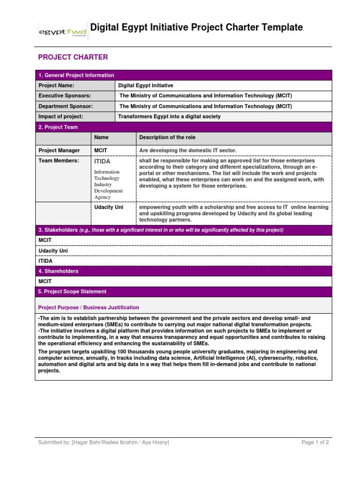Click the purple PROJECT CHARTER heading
coord(73,57)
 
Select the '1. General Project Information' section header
coord(76,75)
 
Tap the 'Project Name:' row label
coord(56,86)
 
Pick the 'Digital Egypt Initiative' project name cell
coord(145,86)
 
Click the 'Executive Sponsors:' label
coord(64,96)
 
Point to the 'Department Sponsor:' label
coord(65,106)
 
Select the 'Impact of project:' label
coord(60,117)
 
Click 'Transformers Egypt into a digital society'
coord(169,117)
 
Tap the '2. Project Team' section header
coord(58,127)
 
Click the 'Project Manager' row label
coord(59,150)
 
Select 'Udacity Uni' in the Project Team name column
coord(109,207)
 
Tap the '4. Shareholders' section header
coord(59,271)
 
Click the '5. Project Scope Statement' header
coord(72,292)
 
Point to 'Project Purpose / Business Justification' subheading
coord(89,307)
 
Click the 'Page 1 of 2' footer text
coord(315,442)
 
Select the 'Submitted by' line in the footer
coord(104,442)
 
